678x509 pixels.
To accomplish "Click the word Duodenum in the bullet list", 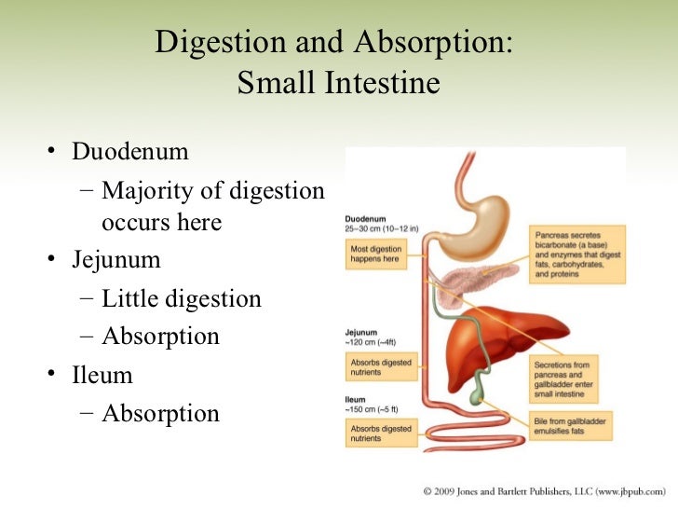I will click(130, 151).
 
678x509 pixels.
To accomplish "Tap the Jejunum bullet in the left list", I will click(116, 259).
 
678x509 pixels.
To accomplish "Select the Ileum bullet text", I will click(102, 375).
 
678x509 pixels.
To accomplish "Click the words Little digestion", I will click(182, 298).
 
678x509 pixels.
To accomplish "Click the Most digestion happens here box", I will click(377, 255).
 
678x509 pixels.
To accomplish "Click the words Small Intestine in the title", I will click(338, 84).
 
